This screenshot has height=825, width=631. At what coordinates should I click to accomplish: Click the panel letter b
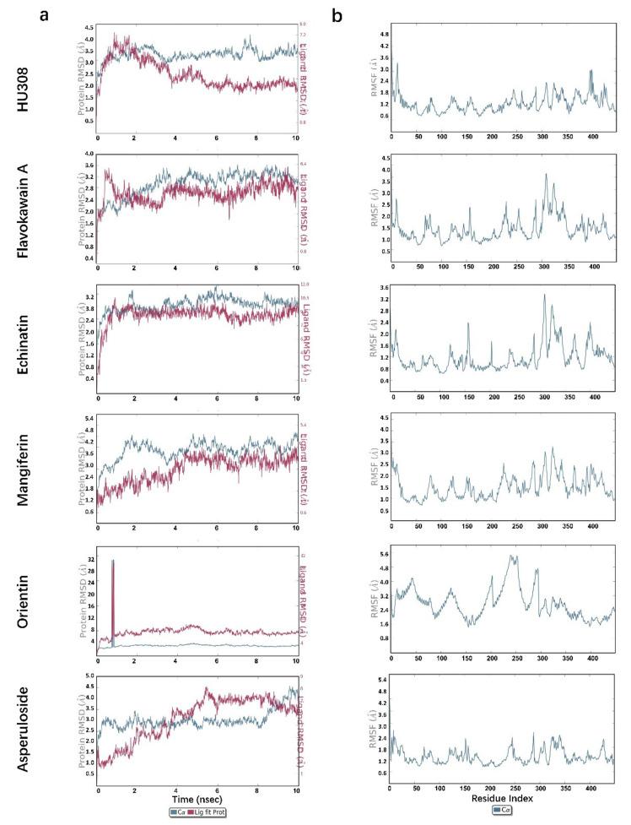pyautogui.click(x=337, y=14)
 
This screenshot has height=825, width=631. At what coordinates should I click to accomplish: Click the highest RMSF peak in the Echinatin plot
pyautogui.click(x=544, y=296)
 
